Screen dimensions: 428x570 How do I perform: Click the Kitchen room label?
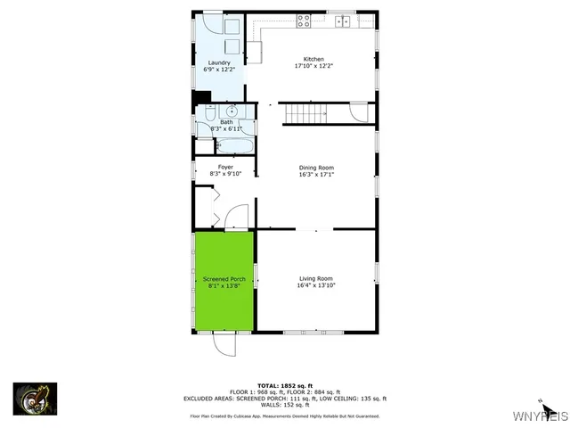(x=313, y=59)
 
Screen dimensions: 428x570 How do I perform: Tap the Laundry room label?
(x=219, y=62)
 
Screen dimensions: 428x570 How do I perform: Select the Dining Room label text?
(x=316, y=168)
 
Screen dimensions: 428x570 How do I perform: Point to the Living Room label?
(x=315, y=279)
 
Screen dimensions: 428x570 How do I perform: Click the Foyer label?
(x=225, y=167)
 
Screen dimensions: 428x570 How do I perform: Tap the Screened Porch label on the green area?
(x=225, y=279)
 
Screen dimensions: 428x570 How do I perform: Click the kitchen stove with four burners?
(x=305, y=20)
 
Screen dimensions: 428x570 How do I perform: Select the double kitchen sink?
(x=343, y=20)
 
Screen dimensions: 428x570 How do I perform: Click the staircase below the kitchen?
(x=305, y=114)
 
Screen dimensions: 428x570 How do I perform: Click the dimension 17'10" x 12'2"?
(x=313, y=66)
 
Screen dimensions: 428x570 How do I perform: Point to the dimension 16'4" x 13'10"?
(x=315, y=286)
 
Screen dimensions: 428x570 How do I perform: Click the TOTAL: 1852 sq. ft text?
(x=285, y=385)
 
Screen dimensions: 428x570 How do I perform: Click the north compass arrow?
(x=539, y=404)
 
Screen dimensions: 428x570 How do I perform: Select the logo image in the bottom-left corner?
(x=36, y=399)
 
